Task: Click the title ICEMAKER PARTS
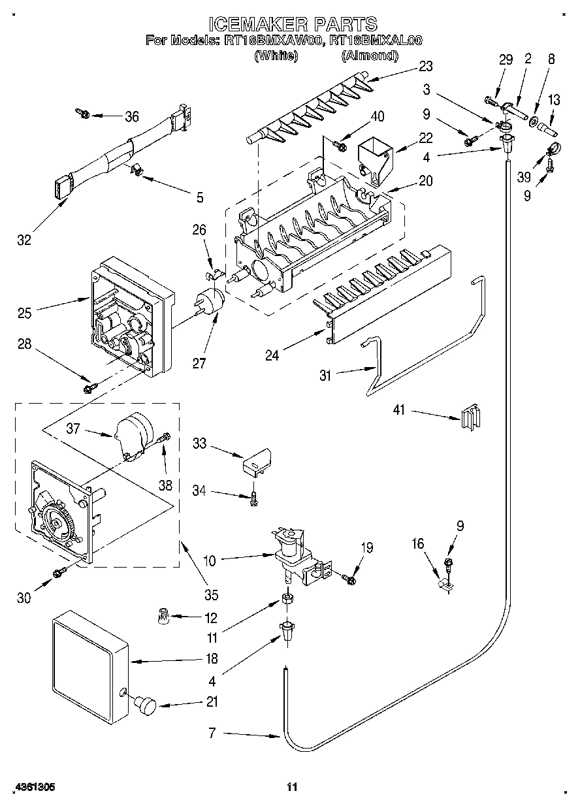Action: click(292, 24)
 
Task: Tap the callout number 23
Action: click(426, 66)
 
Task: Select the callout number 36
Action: click(131, 116)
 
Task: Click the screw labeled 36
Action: click(83, 114)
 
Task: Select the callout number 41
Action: click(399, 410)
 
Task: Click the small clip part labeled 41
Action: click(470, 416)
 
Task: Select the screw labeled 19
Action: click(349, 578)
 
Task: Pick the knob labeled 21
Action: click(144, 706)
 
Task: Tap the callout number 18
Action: click(211, 659)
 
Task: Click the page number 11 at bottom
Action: click(292, 788)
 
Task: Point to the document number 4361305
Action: click(33, 788)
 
